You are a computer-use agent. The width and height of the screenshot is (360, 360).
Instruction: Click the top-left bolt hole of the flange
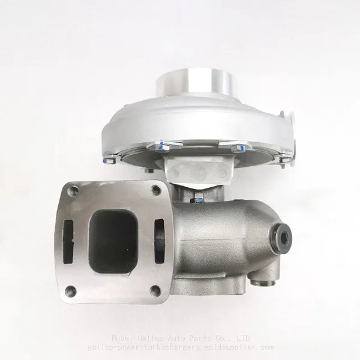click(73, 190)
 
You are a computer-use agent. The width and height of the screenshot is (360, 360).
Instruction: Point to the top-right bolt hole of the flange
click(157, 190)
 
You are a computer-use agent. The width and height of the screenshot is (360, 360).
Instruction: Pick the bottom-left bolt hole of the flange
click(70, 290)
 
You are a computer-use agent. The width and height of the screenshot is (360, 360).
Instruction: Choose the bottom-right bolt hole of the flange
click(155, 290)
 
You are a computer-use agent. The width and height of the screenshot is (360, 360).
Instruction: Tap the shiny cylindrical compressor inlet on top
click(193, 82)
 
